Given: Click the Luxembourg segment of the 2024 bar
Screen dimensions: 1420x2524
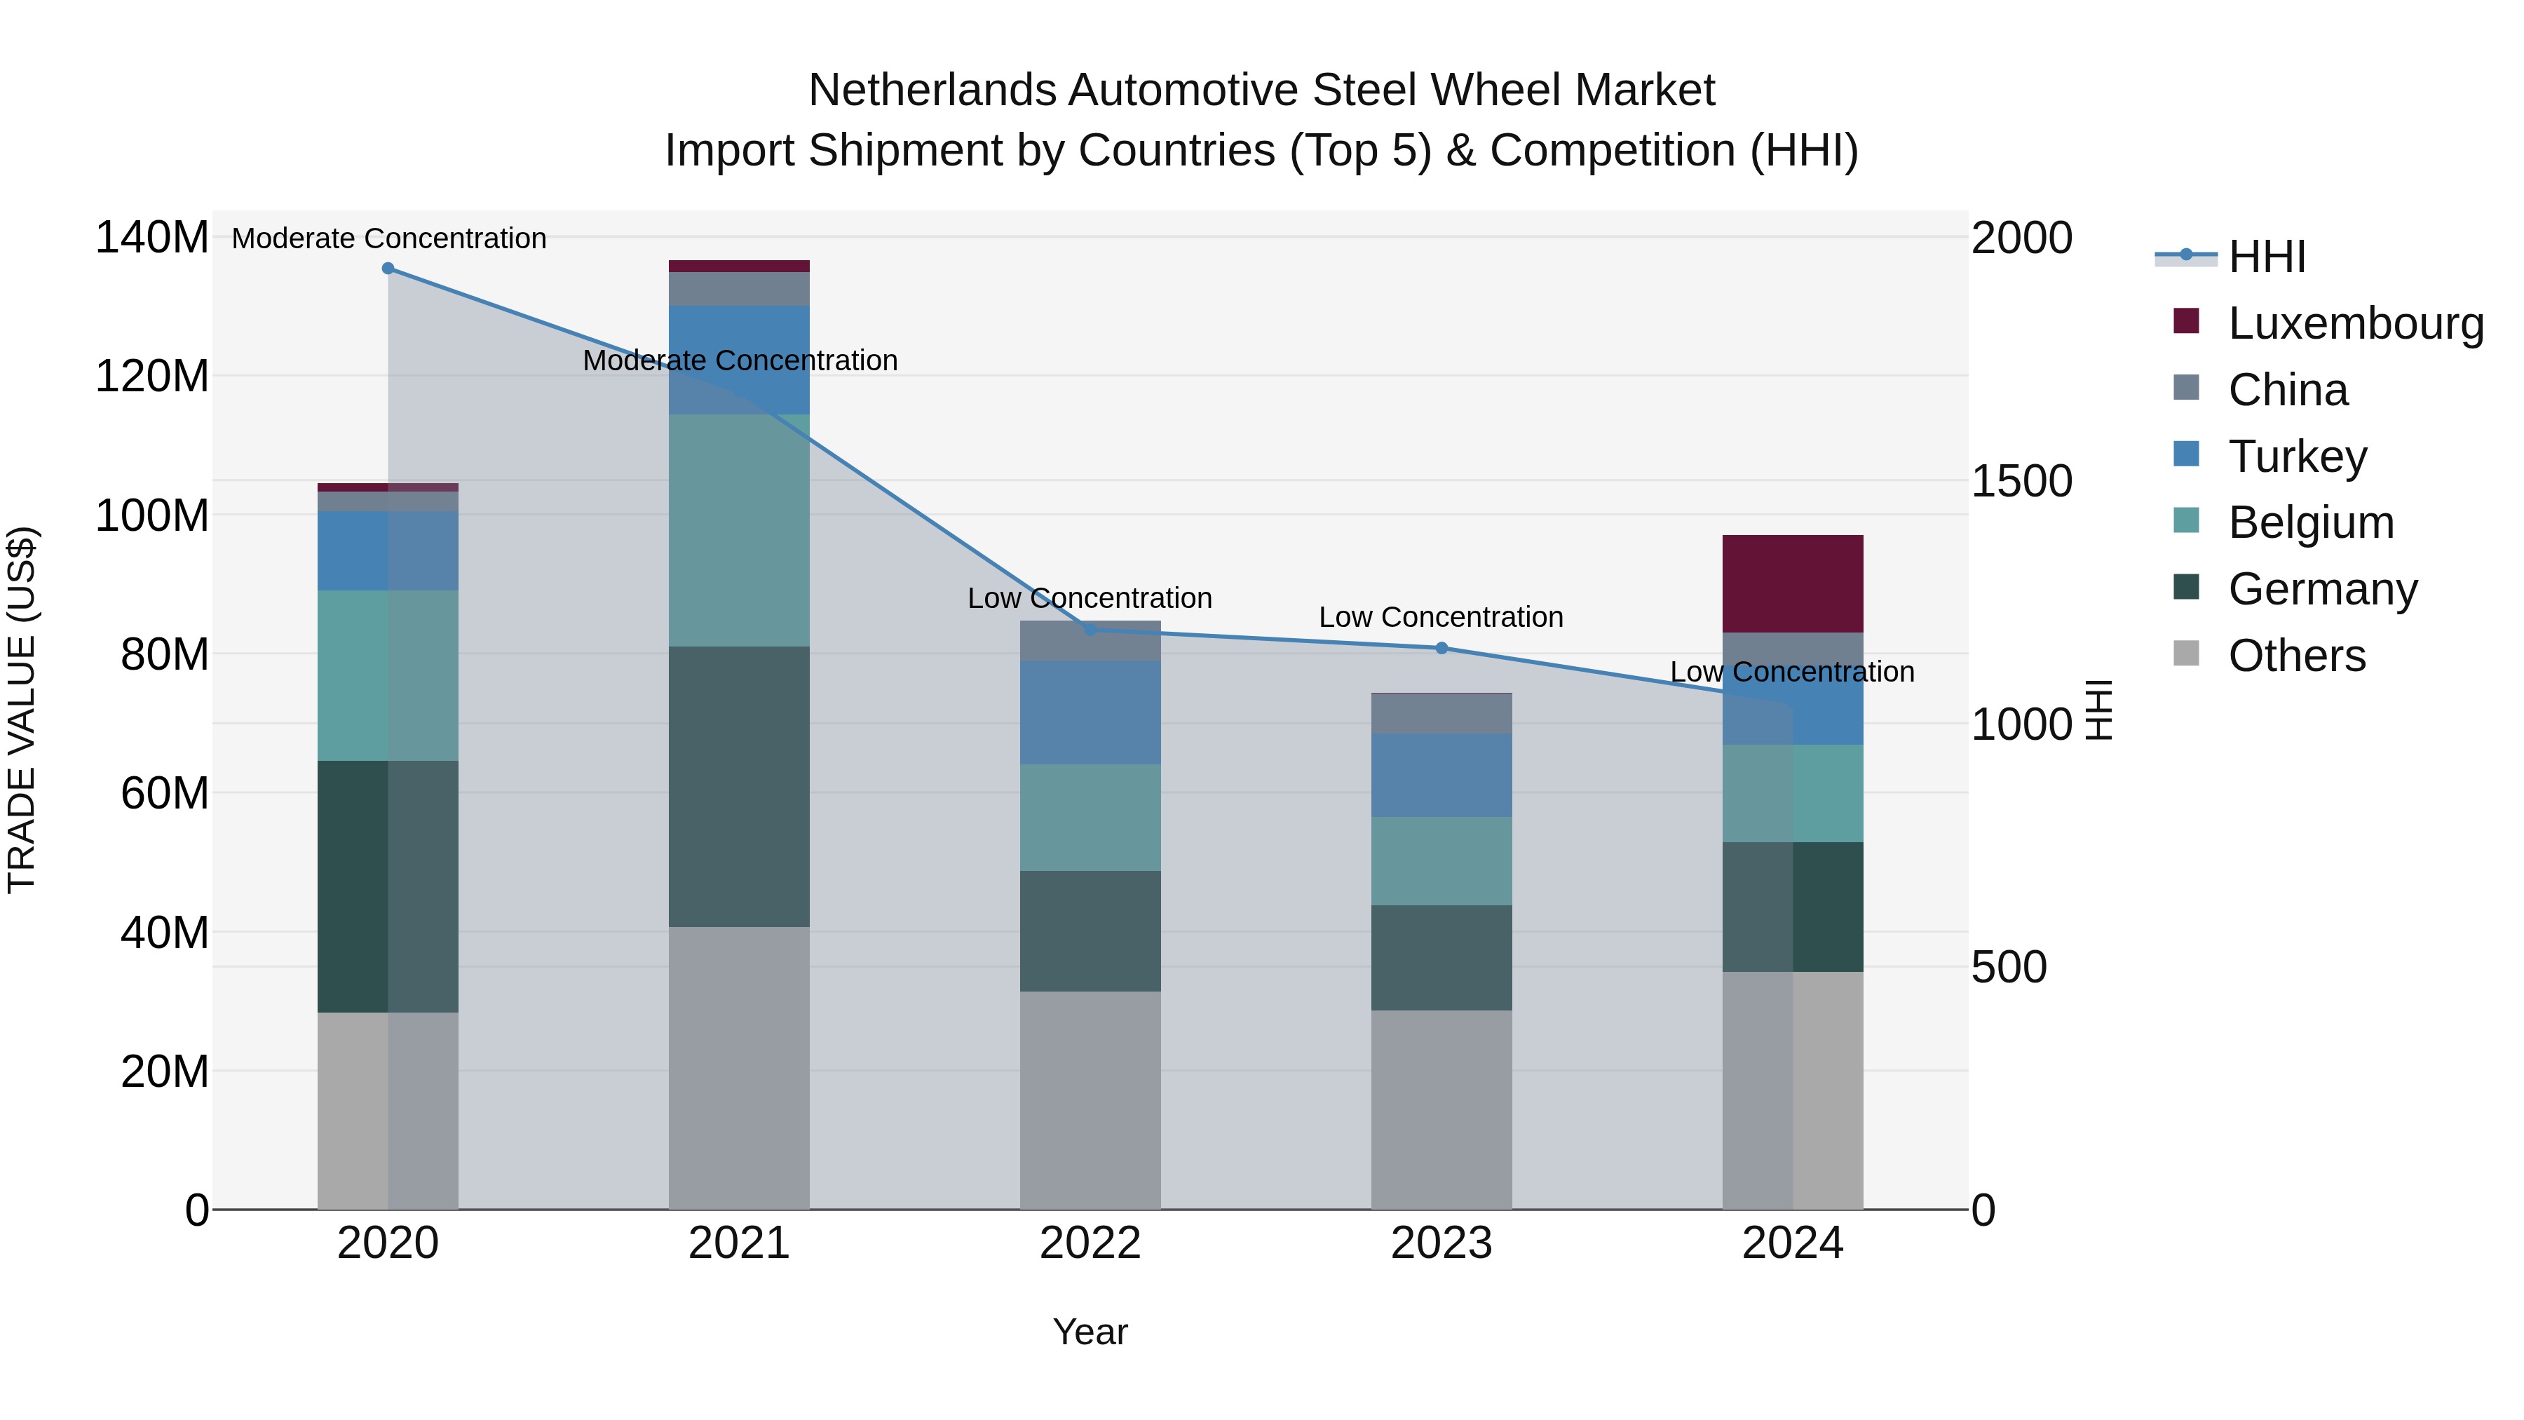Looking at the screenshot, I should (x=1792, y=583).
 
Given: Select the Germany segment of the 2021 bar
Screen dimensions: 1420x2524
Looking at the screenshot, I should (x=739, y=786).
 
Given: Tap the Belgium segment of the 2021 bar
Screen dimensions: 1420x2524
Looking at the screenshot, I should (x=739, y=529).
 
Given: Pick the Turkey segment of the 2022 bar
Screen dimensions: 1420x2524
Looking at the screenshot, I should (x=1090, y=712).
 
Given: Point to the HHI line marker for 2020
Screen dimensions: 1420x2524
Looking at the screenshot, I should (x=388, y=268).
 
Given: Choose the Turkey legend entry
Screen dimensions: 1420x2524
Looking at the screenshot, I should (x=2297, y=457).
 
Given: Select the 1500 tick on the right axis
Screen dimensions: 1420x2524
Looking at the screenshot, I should (x=2021, y=481).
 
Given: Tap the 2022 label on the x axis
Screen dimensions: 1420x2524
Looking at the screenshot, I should (x=1090, y=1243).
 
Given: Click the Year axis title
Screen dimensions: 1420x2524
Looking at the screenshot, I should (x=1090, y=1332).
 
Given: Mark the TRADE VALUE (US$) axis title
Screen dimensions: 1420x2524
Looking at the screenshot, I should (x=22, y=710).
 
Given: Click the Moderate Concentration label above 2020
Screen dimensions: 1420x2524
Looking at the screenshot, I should (x=389, y=238).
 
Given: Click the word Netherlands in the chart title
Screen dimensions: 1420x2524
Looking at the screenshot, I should (x=931, y=90).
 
